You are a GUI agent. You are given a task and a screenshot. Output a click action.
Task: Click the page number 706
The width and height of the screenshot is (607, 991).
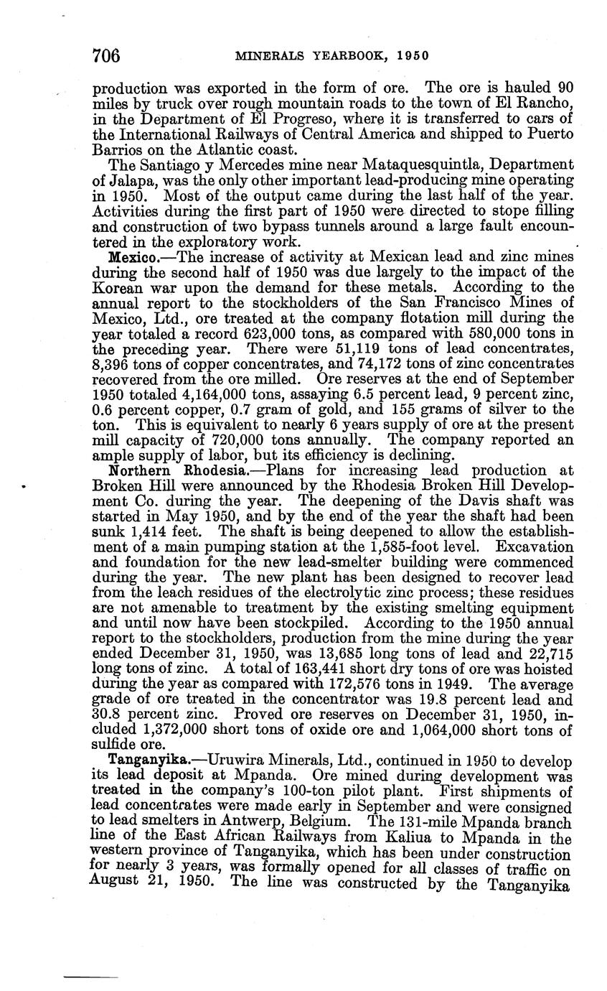pos(105,55)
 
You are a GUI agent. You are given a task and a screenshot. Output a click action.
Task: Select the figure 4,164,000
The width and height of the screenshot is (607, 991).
pos(195,394)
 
